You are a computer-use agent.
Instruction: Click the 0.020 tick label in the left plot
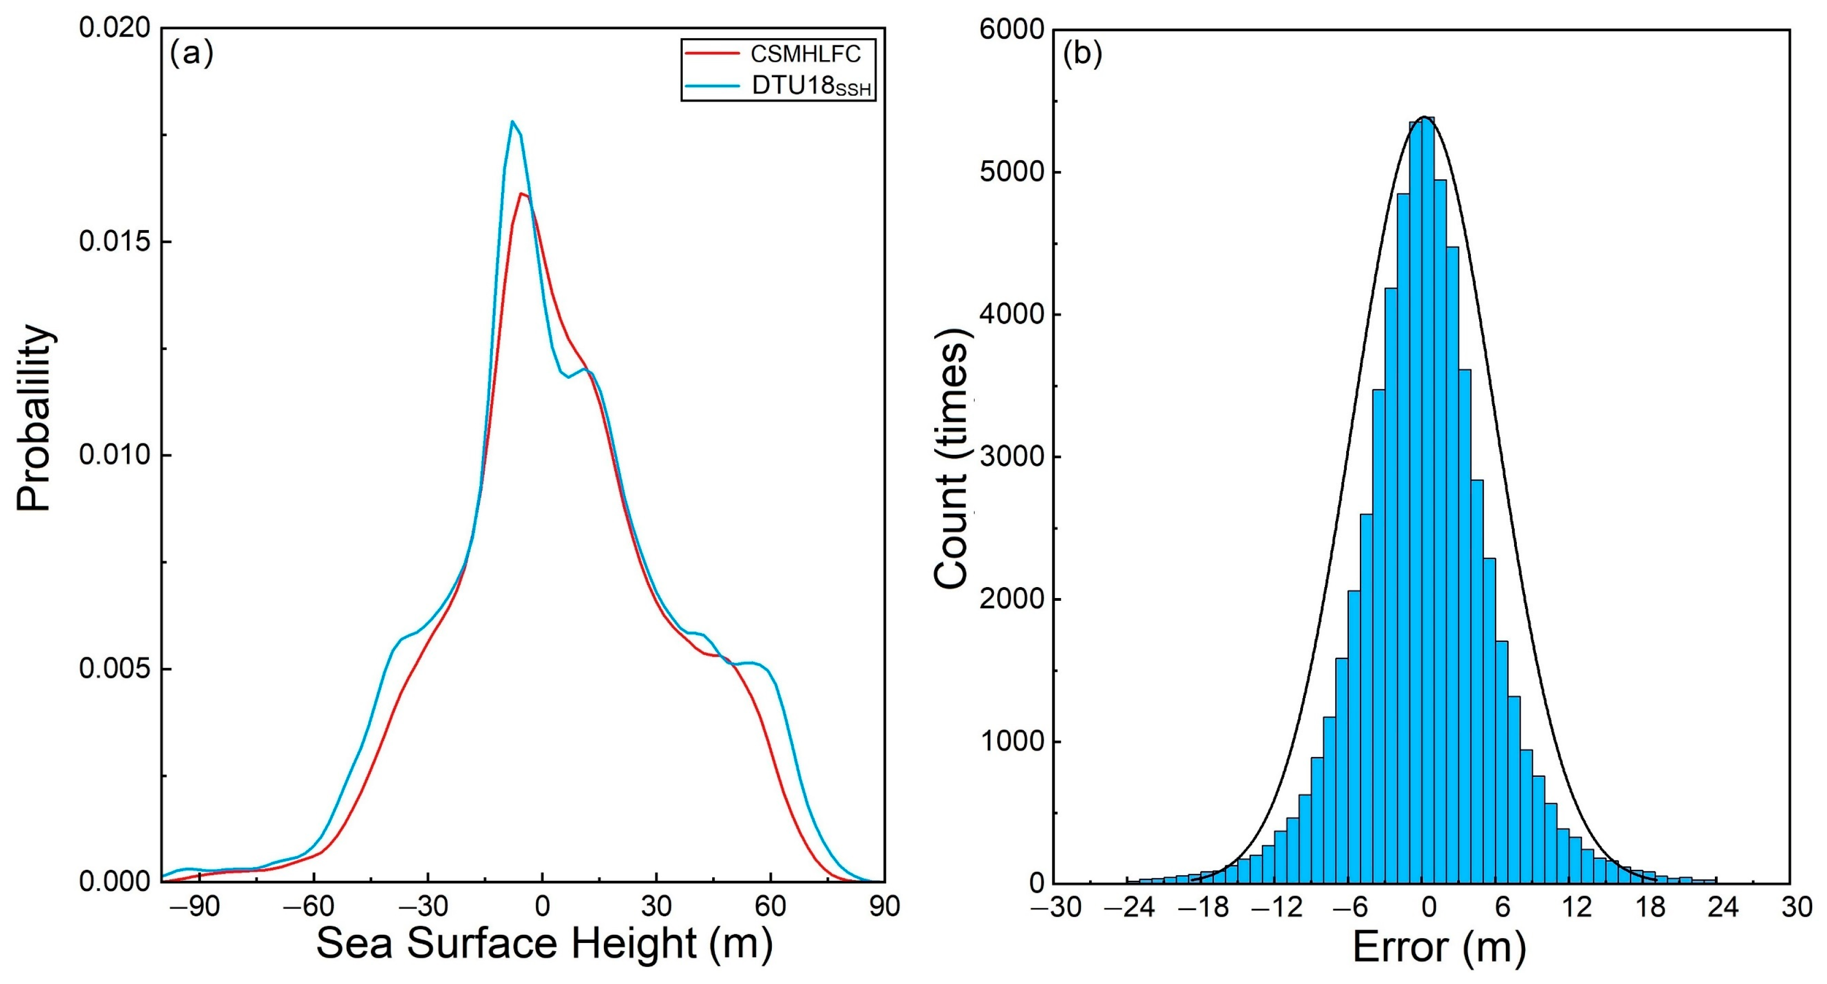click(115, 28)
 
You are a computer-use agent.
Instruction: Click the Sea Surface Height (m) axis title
click(544, 944)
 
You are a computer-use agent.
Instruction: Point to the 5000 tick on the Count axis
click(1012, 172)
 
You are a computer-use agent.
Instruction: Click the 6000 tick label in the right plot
click(1012, 30)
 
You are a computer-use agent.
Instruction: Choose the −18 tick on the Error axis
click(1203, 907)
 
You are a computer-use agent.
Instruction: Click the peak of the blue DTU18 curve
click(512, 121)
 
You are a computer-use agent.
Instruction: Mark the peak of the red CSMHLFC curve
click(522, 194)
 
